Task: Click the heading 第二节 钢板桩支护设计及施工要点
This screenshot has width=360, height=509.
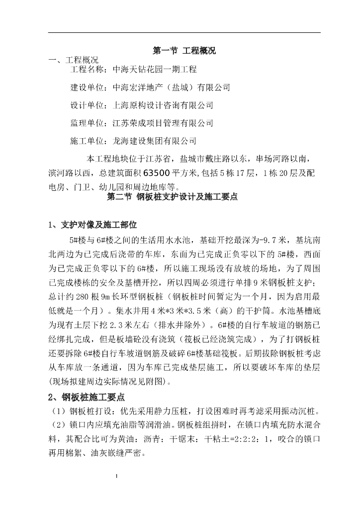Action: [x=173, y=197]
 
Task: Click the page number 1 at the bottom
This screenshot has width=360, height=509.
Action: [x=116, y=476]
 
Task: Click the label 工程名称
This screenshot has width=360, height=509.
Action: [x=87, y=69]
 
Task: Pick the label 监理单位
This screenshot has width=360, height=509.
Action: [x=87, y=123]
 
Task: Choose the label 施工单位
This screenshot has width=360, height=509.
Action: [x=87, y=141]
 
